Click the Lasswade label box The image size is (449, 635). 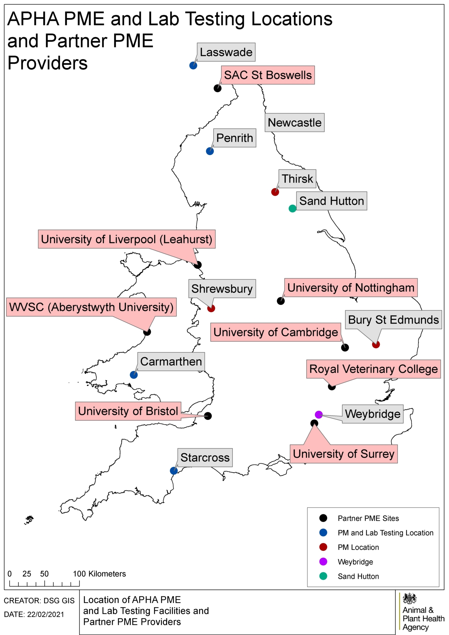pyautogui.click(x=226, y=52)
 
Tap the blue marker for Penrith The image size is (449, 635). pyautogui.click(x=210, y=151)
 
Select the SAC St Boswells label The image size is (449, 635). pyautogui.click(x=268, y=75)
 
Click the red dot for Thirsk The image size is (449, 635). pyautogui.click(x=275, y=192)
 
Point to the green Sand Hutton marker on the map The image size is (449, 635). pyautogui.click(x=292, y=209)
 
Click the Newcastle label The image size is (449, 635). pyautogui.click(x=294, y=123)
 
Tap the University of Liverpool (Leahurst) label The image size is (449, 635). pyautogui.click(x=127, y=239)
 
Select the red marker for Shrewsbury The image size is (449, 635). pyautogui.click(x=211, y=308)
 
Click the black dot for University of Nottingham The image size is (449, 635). pyautogui.click(x=281, y=301)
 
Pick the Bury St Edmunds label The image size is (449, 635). pyautogui.click(x=393, y=320)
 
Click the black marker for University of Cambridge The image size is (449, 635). pyautogui.click(x=345, y=348)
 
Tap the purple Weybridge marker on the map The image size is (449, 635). pyautogui.click(x=318, y=415)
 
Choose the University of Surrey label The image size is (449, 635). pyautogui.click(x=343, y=454)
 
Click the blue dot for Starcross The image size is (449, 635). pyautogui.click(x=174, y=471)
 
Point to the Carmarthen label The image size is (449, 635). pyautogui.click(x=171, y=362)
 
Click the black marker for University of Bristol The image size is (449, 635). pyautogui.click(x=208, y=416)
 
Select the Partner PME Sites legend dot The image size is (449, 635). pyautogui.click(x=323, y=518)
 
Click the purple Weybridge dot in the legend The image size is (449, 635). pyautogui.click(x=323, y=562)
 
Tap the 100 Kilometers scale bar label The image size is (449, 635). pyautogui.click(x=99, y=574)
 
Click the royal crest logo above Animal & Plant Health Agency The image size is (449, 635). pyautogui.click(x=410, y=599)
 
